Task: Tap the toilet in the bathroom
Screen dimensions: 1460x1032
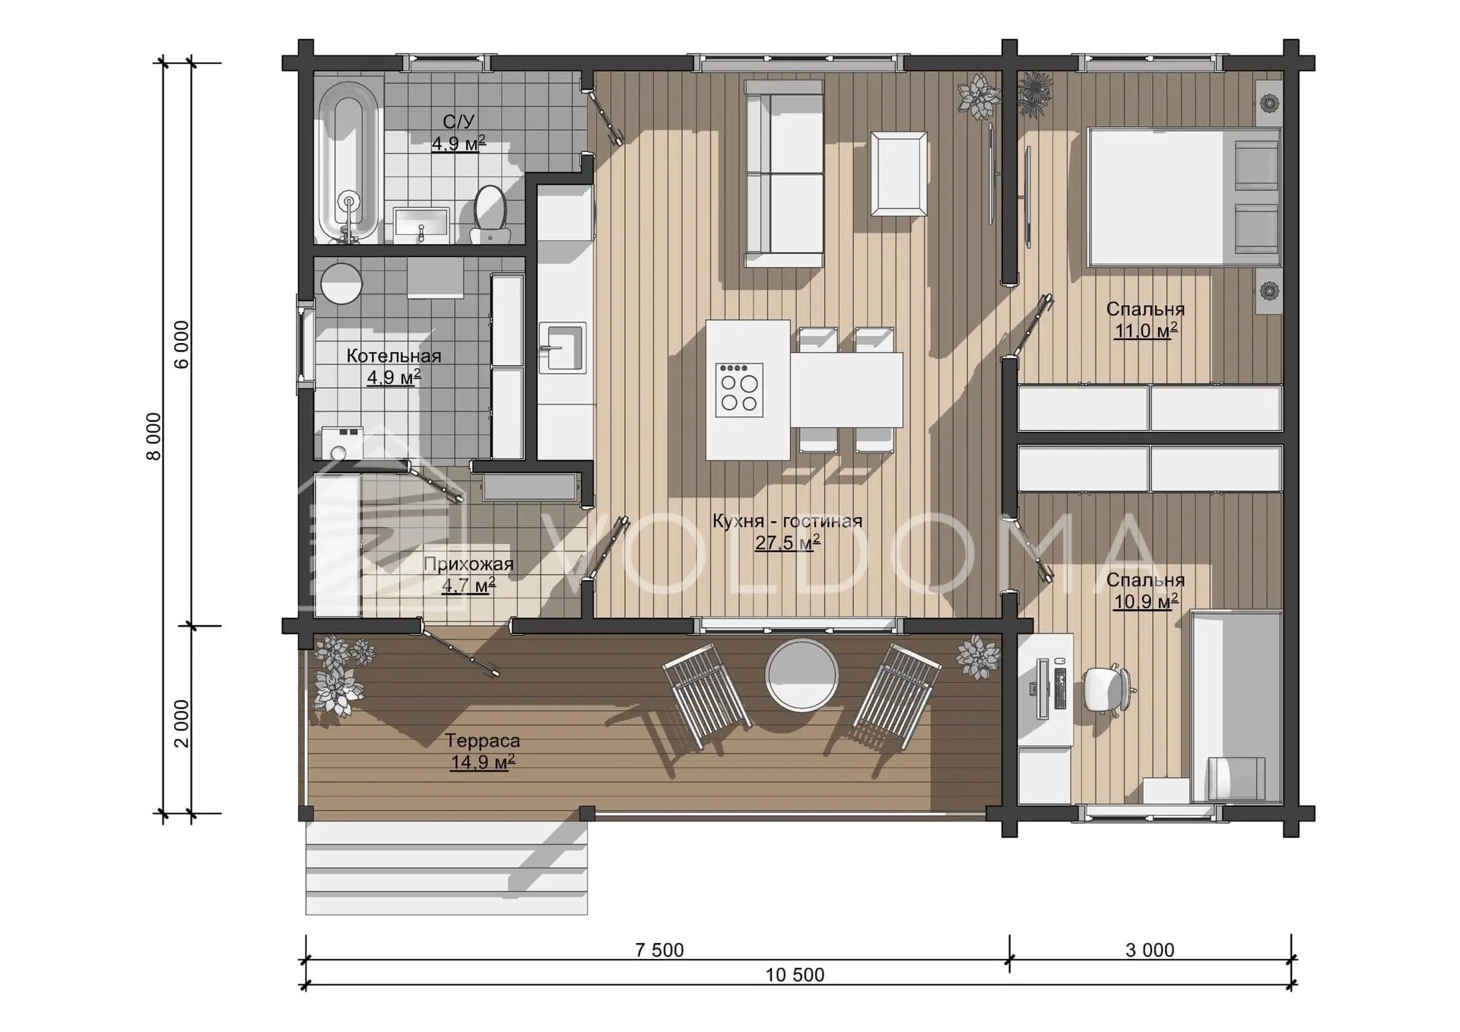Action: pos(490,214)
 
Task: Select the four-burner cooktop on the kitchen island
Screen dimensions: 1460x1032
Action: pos(739,389)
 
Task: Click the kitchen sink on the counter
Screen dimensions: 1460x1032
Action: pos(563,348)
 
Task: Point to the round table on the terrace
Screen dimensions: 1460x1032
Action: pos(801,675)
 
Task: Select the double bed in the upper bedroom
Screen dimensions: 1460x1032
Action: pos(1184,197)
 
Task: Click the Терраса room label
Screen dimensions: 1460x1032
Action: pos(482,740)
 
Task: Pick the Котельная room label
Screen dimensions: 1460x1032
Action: pos(394,356)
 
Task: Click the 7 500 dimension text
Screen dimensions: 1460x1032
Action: pos(659,950)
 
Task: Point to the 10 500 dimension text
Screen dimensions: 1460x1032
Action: pos(795,974)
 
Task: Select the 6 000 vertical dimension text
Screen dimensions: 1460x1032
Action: pos(182,345)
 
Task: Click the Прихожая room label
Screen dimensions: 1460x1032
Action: pos(468,564)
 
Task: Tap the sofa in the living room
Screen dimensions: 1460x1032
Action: pos(784,173)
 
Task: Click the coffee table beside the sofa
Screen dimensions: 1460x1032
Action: pos(899,173)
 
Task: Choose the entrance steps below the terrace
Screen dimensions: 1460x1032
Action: pos(446,868)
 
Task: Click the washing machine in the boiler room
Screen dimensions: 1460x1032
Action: pos(341,443)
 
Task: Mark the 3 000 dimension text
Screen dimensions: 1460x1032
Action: pos(1150,950)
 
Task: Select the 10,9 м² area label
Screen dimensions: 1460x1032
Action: pos(1145,602)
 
